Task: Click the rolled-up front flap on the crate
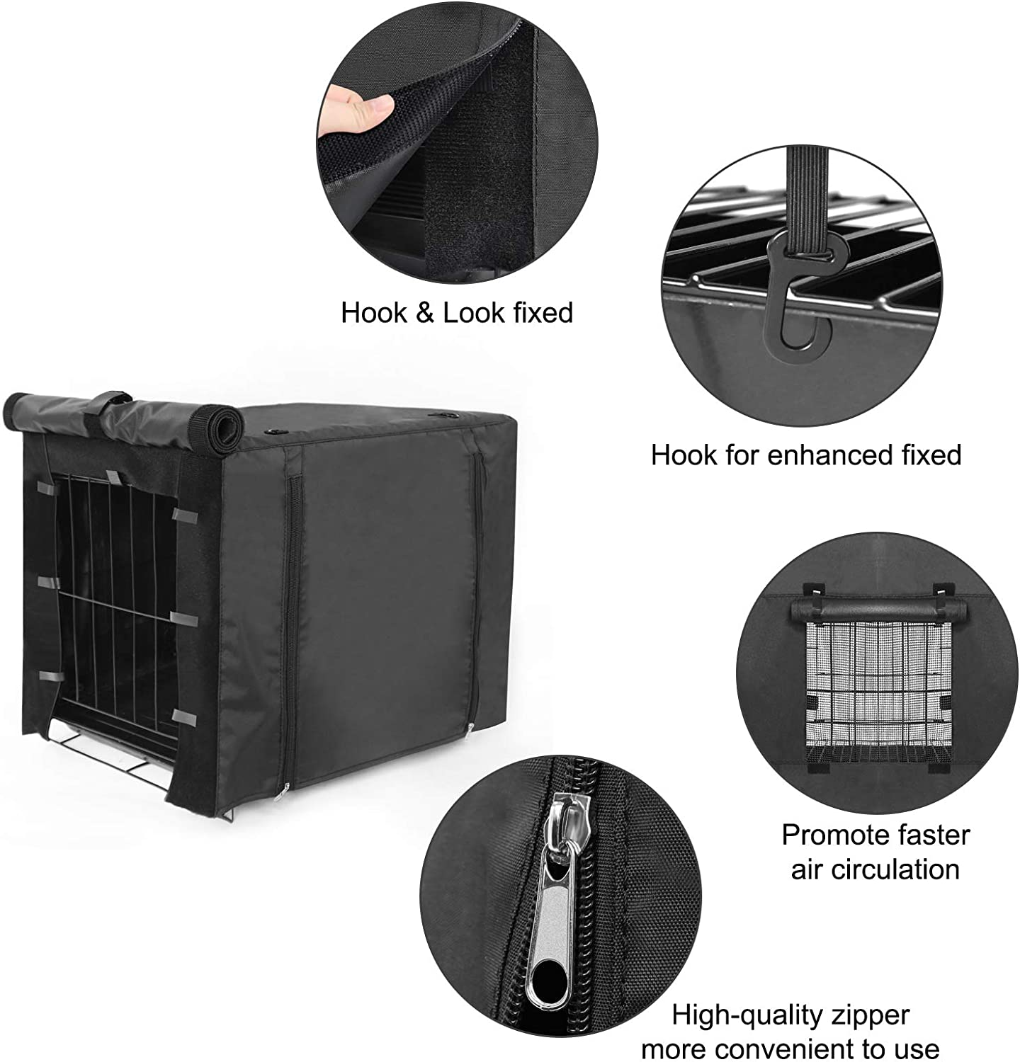pos(120,411)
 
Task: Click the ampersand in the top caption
pos(424,312)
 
